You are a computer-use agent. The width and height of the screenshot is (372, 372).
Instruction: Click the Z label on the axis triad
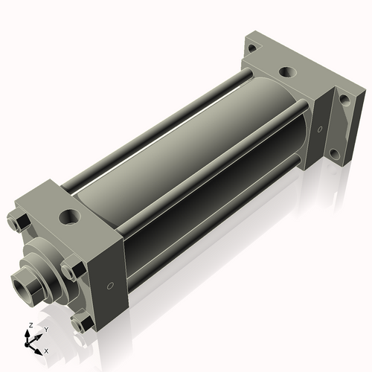(x=29, y=325)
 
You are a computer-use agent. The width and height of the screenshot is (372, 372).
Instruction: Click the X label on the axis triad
(x=46, y=350)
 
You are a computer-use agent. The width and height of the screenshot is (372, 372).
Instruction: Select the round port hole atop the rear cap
(x=286, y=73)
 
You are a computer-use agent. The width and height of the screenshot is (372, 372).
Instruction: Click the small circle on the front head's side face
(x=110, y=285)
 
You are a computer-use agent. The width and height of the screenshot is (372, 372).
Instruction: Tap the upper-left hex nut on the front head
(x=17, y=222)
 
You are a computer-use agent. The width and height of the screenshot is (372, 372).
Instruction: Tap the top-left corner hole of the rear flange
(x=252, y=48)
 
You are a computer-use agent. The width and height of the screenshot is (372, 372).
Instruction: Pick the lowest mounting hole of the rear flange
(x=334, y=155)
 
